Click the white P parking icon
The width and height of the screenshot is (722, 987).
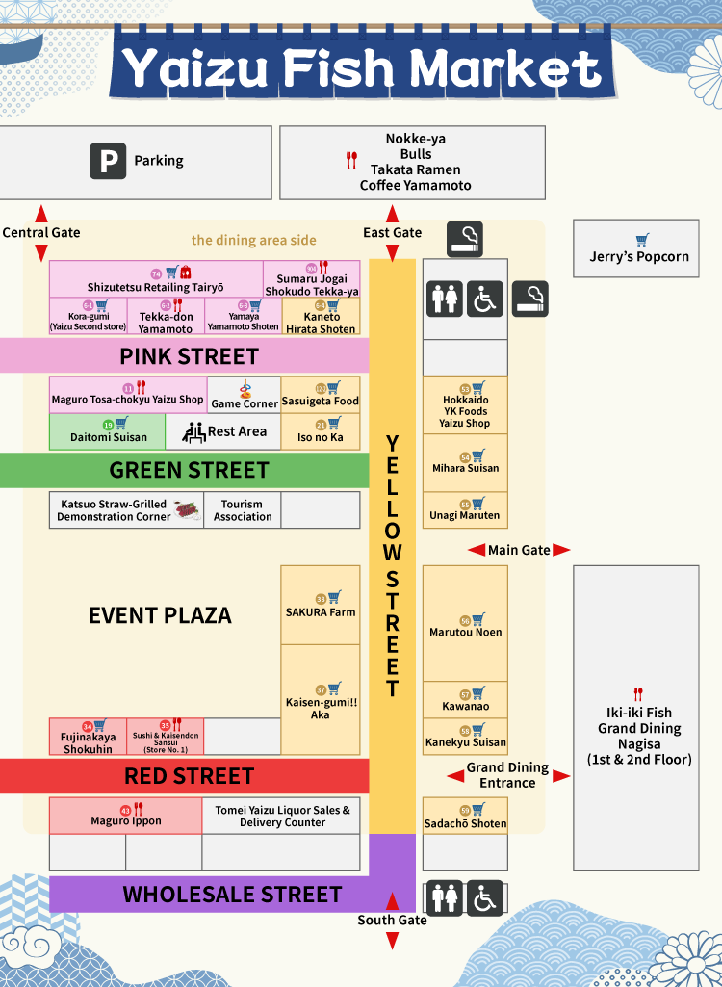108,161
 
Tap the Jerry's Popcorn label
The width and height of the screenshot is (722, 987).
639,256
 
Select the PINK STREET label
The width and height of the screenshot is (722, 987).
189,356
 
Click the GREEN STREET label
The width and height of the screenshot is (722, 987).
189,470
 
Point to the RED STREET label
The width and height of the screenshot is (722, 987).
189,776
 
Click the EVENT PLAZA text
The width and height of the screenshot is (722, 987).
160,615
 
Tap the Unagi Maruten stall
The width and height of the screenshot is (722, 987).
465,510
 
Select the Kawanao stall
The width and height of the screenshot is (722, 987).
465,700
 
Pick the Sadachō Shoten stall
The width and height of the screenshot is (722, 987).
465,817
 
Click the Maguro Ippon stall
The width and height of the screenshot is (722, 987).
126,816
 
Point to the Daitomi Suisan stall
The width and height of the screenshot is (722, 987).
109,431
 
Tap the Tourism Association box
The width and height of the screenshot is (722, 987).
243,510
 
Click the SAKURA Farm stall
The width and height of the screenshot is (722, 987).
321,606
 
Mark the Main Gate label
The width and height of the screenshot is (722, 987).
519,550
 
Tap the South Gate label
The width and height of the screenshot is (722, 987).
392,920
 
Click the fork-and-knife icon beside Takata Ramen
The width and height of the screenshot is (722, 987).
351,161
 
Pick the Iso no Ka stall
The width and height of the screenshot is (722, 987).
321,431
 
